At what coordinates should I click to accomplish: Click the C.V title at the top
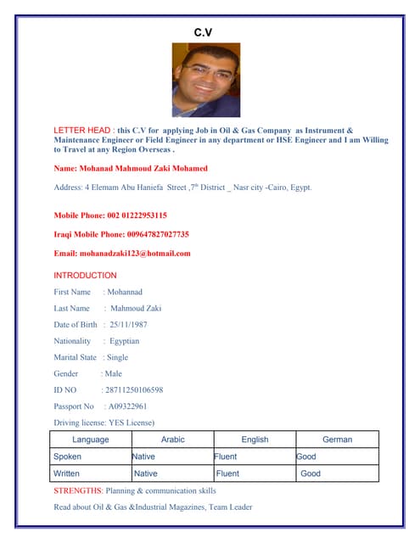coord(204,32)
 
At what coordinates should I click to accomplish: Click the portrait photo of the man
coord(206,81)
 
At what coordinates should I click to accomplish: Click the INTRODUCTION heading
coord(85,276)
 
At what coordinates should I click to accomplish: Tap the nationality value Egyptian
coord(125,341)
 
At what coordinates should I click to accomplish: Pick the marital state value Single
coord(117,357)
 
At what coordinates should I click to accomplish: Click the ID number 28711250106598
coord(133,390)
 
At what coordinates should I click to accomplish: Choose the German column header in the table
coord(337,439)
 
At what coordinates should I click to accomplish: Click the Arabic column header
coord(172,439)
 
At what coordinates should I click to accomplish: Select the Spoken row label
coord(67,456)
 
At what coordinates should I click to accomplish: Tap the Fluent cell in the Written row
coord(227,473)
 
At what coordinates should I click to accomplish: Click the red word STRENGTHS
coord(77,490)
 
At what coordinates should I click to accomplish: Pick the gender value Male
coord(113,373)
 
